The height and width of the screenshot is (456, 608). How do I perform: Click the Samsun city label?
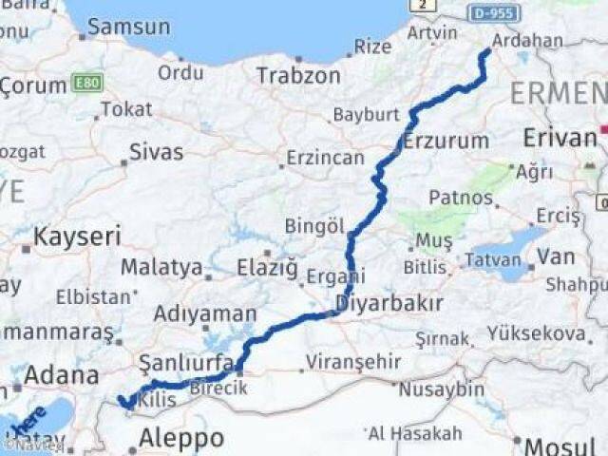[x=129, y=28]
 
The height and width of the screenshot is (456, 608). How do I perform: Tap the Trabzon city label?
[x=297, y=75]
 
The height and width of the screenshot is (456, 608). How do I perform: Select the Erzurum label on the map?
[x=446, y=142]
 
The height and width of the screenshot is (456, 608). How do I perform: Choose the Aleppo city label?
[x=180, y=438]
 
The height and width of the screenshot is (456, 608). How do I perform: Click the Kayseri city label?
[x=78, y=236]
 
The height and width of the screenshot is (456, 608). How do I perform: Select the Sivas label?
[x=157, y=151]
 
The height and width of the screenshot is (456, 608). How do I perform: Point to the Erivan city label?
[x=560, y=138]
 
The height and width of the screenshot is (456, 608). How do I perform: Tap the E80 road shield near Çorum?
[x=88, y=84]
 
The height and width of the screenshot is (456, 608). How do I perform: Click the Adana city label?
[x=61, y=374]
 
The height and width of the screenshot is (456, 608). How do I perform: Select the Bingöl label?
[x=313, y=226]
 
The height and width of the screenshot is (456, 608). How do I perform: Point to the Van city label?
[x=556, y=256]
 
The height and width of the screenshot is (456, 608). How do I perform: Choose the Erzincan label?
[x=326, y=158]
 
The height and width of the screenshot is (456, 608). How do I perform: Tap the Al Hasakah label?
[x=415, y=433]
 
